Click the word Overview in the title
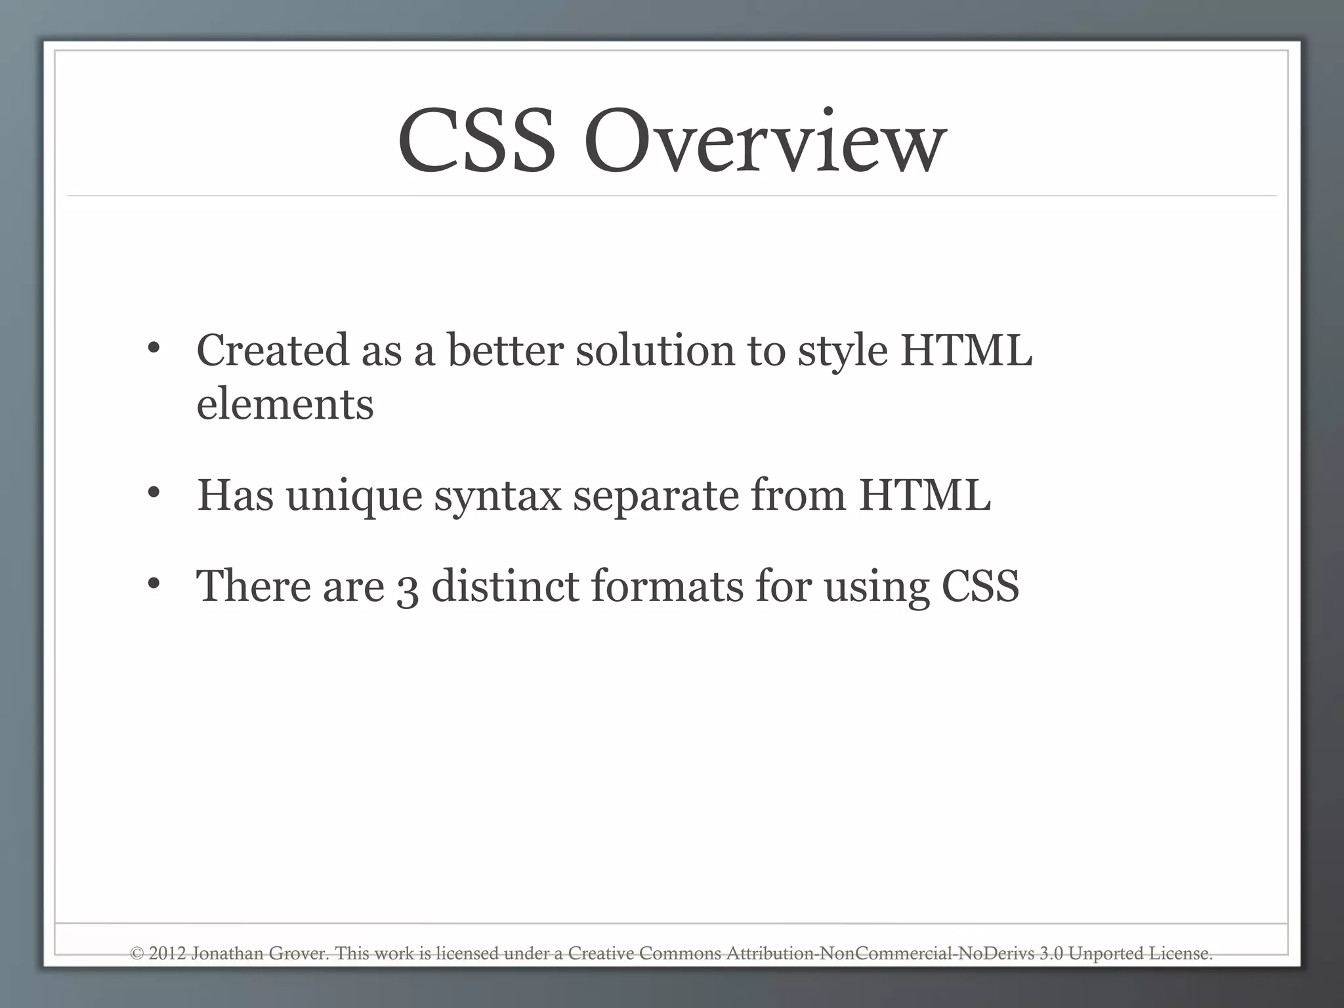(x=765, y=142)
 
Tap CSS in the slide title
(x=476, y=142)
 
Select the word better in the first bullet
(x=505, y=350)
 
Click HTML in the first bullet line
(x=966, y=350)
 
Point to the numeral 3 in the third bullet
(x=408, y=587)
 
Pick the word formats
(x=667, y=585)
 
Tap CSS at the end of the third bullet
(x=980, y=585)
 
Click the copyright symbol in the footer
(x=137, y=954)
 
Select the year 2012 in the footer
(x=167, y=954)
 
